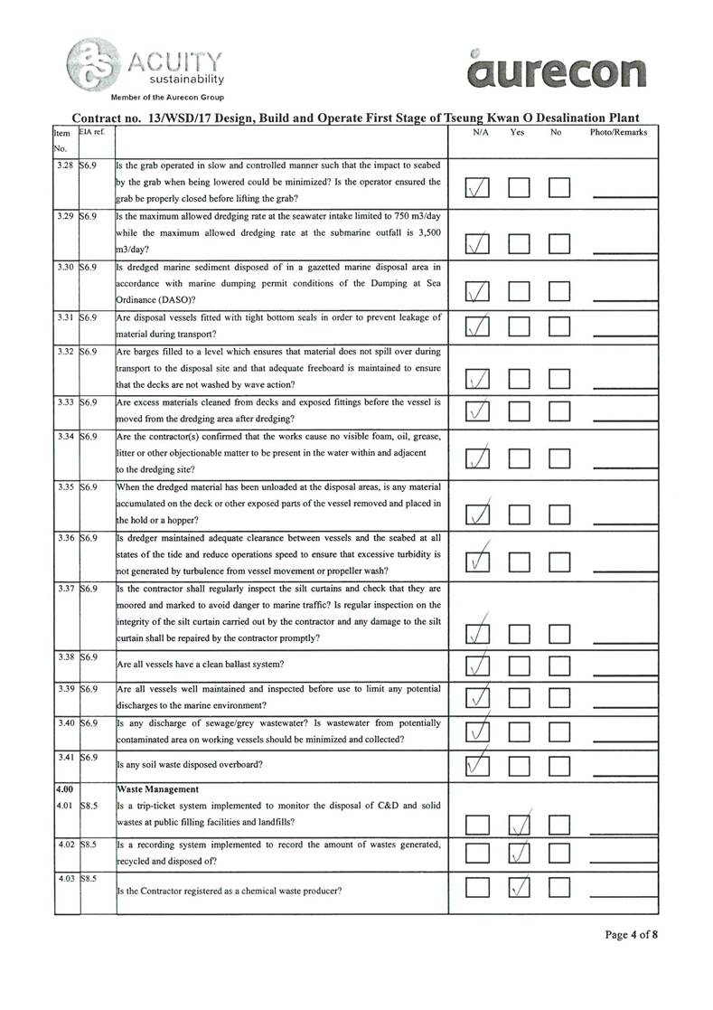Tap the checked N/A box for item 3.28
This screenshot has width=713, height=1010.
(476, 188)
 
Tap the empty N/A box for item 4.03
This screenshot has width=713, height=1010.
(476, 891)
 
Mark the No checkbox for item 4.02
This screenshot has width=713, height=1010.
(561, 854)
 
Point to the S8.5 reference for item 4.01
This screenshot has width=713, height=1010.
(88, 805)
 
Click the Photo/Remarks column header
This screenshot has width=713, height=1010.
(618, 132)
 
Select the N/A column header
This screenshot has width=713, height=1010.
(481, 132)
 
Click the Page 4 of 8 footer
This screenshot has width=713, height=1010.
(632, 935)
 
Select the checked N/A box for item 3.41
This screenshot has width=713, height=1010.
(476, 766)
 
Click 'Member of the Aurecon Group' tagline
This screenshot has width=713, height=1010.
(167, 97)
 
